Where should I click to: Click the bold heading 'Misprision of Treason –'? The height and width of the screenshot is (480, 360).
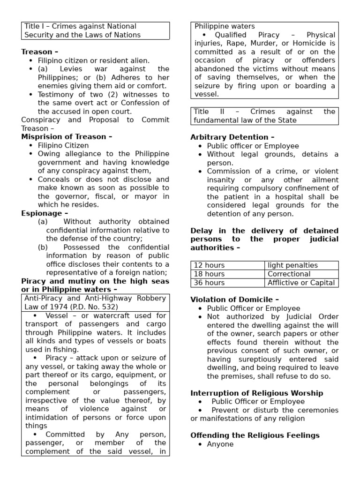tap(67, 137)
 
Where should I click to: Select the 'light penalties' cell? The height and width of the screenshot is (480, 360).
tap(292, 265)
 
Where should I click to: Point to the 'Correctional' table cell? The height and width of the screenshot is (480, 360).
tap(289, 274)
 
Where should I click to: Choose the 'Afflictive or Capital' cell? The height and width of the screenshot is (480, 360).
tap(301, 283)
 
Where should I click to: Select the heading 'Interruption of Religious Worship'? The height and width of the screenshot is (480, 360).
tap(256, 393)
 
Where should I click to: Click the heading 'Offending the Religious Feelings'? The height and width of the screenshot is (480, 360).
tap(255, 435)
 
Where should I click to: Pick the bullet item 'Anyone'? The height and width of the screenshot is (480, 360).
tap(220, 444)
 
